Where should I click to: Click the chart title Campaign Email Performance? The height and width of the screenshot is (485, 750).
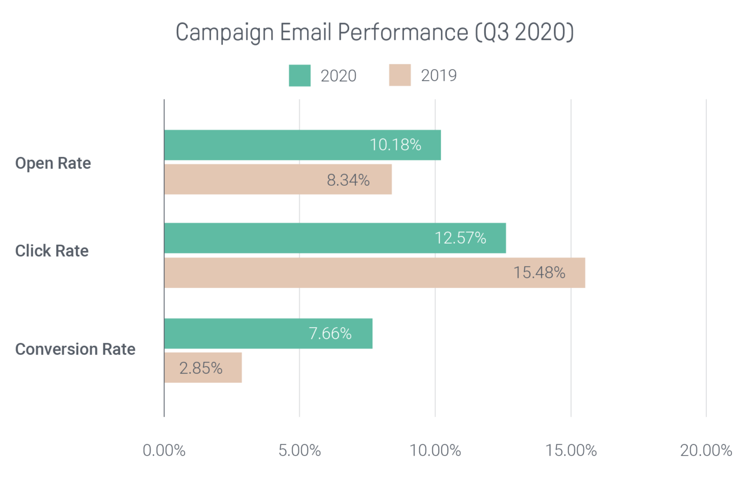[x=374, y=33]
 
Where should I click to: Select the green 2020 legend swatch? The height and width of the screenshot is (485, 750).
[x=299, y=75]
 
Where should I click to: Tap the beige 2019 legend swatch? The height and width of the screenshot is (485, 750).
[x=400, y=75]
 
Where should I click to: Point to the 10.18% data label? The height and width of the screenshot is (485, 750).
[x=395, y=145]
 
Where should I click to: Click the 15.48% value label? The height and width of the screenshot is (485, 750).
[x=539, y=273]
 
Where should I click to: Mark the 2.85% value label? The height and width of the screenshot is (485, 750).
[x=201, y=368]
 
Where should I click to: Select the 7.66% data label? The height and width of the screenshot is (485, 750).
[x=330, y=334]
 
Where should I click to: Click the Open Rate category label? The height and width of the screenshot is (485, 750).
[x=53, y=163]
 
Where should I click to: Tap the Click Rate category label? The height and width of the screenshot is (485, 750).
[x=52, y=251]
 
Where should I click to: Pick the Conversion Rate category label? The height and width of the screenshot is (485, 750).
[x=75, y=350]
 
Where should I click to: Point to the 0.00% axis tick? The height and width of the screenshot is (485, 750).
[x=164, y=451]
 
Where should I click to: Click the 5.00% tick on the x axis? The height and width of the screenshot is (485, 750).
[x=299, y=451]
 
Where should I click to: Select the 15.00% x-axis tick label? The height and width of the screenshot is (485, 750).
[x=571, y=451]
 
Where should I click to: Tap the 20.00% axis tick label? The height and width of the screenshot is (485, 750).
[x=706, y=451]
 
